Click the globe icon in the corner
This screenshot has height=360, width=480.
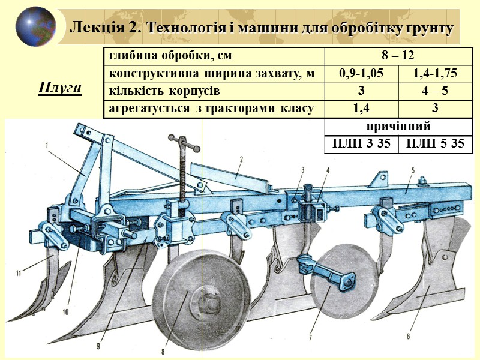point(35,26)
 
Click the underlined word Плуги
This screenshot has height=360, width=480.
point(59,89)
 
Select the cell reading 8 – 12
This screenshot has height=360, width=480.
point(399,56)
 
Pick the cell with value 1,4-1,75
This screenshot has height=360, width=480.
point(435,74)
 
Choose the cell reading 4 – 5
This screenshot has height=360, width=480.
point(435,91)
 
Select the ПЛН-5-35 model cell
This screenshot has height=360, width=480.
point(435,145)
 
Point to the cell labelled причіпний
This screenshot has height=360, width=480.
point(398,127)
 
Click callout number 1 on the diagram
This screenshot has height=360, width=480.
point(46,146)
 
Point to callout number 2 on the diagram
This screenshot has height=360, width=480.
point(240,159)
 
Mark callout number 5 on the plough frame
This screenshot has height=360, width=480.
point(413,170)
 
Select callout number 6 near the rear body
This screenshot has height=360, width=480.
point(409,336)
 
